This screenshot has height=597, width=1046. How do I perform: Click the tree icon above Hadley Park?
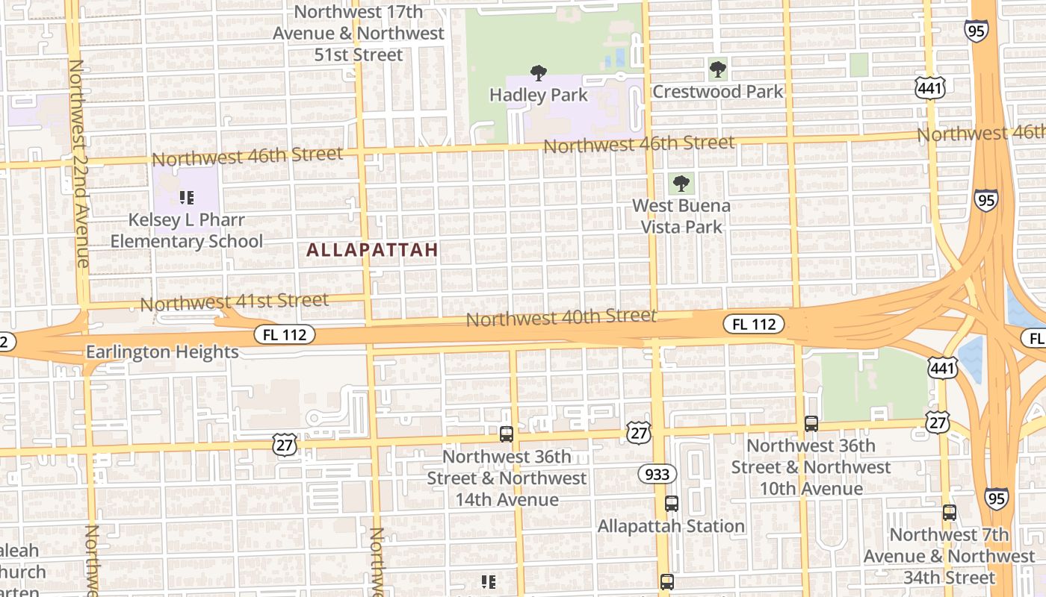pyautogui.click(x=538, y=72)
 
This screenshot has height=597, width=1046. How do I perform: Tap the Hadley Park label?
pyautogui.click(x=538, y=96)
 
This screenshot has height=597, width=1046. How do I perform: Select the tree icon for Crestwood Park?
pyautogui.click(x=718, y=69)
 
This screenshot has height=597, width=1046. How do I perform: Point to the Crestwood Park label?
pyautogui.click(x=718, y=92)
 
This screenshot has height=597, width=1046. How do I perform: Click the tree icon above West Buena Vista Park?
pyautogui.click(x=681, y=183)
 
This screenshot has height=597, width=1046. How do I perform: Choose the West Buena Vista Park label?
pyautogui.click(x=681, y=216)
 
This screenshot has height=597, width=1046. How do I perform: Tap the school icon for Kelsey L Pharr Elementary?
pyautogui.click(x=187, y=198)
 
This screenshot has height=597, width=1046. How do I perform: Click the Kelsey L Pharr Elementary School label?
pyautogui.click(x=187, y=231)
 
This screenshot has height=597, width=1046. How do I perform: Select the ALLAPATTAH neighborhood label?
pyautogui.click(x=372, y=251)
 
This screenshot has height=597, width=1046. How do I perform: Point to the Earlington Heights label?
pyautogui.click(x=162, y=351)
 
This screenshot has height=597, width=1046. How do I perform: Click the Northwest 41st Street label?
pyautogui.click(x=235, y=302)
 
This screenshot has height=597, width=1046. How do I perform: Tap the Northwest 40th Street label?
pyautogui.click(x=561, y=318)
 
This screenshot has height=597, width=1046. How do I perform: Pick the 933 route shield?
pyautogui.click(x=657, y=474)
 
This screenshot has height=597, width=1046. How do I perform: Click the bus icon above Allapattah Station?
pyautogui.click(x=671, y=504)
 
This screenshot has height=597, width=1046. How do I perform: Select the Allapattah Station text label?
pyautogui.click(x=671, y=526)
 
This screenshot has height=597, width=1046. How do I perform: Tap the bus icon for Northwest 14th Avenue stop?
pyautogui.click(x=507, y=434)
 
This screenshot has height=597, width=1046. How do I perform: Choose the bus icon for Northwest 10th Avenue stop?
pyautogui.click(x=811, y=424)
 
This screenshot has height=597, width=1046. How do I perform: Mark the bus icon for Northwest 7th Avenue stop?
pyautogui.click(x=949, y=513)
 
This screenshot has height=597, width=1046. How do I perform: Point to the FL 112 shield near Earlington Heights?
pyautogui.click(x=285, y=334)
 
